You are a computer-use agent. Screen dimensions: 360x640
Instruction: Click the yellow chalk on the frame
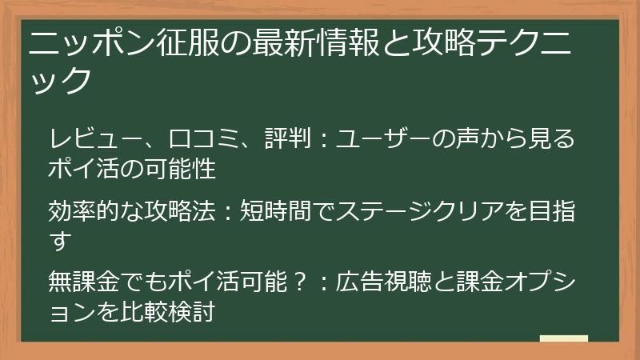click(563, 339)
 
